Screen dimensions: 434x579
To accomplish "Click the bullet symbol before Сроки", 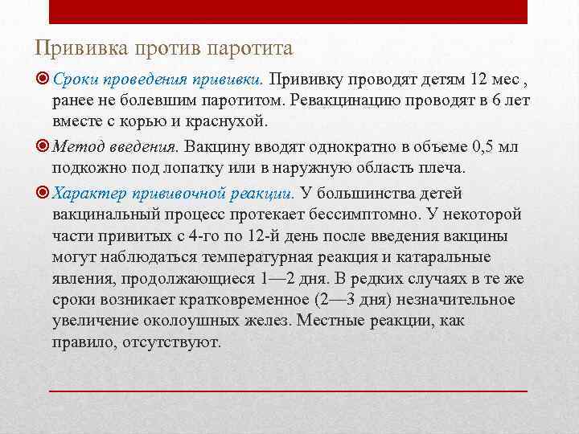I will (x=43, y=80).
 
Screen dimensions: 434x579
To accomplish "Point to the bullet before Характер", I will (x=43, y=193).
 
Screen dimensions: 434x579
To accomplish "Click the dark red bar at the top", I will (x=289, y=11).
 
